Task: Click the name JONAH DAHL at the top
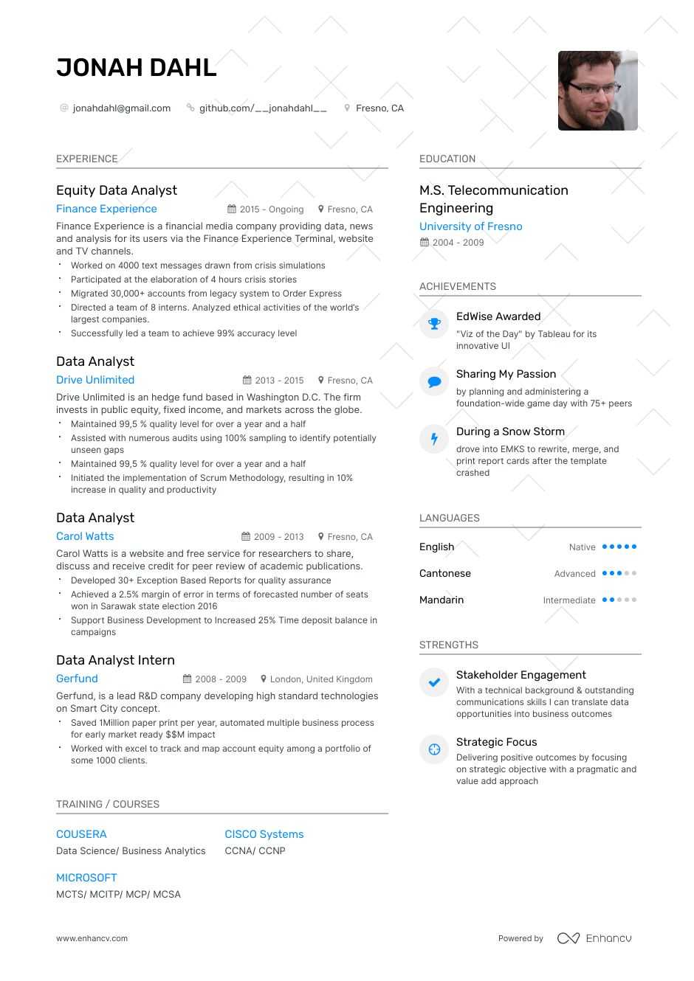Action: point(137,68)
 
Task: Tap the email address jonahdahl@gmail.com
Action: point(121,108)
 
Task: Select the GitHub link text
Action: point(263,108)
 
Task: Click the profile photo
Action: point(597,91)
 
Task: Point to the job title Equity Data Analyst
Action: point(117,190)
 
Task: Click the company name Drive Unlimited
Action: point(95,380)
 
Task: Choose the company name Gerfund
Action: point(77,679)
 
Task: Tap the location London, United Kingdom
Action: point(321,679)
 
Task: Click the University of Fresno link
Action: point(470,226)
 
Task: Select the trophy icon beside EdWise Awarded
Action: point(434,324)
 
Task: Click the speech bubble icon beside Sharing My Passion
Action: point(434,381)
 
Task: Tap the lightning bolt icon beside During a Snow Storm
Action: point(434,439)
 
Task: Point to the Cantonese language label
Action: point(444,574)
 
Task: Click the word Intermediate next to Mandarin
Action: point(568,600)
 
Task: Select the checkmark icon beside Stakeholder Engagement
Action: point(434,682)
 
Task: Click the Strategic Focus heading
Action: point(496,742)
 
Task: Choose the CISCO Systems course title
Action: point(264,834)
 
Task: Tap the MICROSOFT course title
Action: point(86,878)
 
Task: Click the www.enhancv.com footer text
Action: point(92,939)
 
